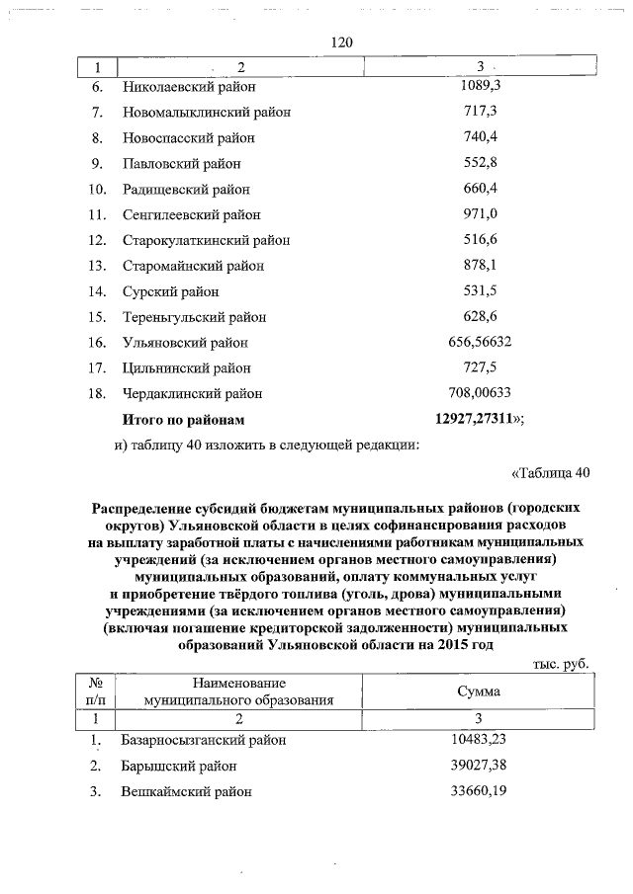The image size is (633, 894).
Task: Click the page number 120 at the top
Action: point(340,42)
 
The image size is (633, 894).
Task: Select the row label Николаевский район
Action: point(189,87)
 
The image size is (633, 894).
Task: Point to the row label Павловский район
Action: point(181,163)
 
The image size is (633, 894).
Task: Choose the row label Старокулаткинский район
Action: point(206,240)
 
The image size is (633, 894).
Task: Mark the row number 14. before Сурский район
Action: point(97,291)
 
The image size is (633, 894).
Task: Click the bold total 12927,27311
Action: point(476,419)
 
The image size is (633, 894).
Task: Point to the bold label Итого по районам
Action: point(182,419)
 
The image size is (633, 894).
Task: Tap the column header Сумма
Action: point(479,691)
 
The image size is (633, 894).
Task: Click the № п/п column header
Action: point(97,691)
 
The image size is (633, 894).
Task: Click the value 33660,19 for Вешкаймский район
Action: point(480,791)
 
